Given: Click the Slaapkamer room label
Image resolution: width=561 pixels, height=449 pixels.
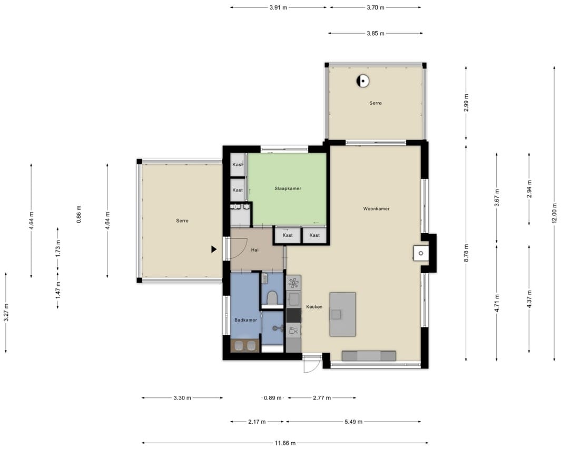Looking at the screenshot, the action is pos(288,188).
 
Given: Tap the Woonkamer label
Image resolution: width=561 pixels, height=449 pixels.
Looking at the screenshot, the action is pos(376,208).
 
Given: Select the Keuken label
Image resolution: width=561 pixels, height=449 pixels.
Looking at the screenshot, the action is pos(314,307).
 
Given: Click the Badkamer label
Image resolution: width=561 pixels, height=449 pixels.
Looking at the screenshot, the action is pos(245,320).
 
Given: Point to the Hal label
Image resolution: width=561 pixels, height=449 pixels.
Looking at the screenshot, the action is pos(255,250).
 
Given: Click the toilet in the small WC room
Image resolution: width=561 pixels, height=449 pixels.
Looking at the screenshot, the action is pos(272,298).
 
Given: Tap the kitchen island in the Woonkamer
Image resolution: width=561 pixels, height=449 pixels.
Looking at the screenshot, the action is pos(343,314).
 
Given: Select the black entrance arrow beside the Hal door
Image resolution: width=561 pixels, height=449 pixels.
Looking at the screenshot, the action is pos(214,249).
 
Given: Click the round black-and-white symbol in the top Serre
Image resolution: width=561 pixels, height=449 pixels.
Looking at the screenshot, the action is pos(363,81).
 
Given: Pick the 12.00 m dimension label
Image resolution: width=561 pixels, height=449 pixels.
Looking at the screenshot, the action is pos(555,213).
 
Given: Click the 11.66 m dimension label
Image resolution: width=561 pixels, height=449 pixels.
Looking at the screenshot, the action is pos(285,443).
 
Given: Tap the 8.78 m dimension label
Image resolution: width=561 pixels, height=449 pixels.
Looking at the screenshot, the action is pos(466,253).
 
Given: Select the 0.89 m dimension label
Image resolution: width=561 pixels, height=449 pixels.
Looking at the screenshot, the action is pos(273,397).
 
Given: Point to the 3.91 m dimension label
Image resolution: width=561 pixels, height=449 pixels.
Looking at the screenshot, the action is pos(278,7).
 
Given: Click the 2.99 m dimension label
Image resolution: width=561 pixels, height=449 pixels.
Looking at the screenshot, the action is pos(466,103).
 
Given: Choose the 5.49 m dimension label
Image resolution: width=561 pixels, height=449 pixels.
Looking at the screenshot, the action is pos(353,422).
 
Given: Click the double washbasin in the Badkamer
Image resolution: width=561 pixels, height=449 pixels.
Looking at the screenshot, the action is pos(245,346).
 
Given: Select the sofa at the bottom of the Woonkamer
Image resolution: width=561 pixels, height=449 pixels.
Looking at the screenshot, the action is pos(369,356).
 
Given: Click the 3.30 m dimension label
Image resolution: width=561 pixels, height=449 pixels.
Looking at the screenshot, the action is pos(182,397).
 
